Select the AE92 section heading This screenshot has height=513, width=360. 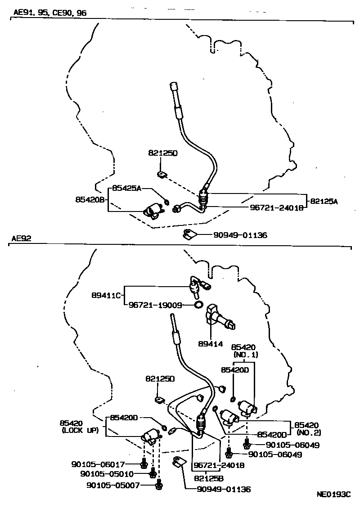(21, 238)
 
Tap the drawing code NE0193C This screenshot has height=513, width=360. (333, 494)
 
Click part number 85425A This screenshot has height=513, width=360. (126, 188)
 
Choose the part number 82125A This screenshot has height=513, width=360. (323, 201)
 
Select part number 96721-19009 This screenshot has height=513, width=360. (154, 305)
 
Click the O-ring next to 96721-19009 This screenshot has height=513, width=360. (198, 305)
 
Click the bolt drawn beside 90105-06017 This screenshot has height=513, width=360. (144, 463)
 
